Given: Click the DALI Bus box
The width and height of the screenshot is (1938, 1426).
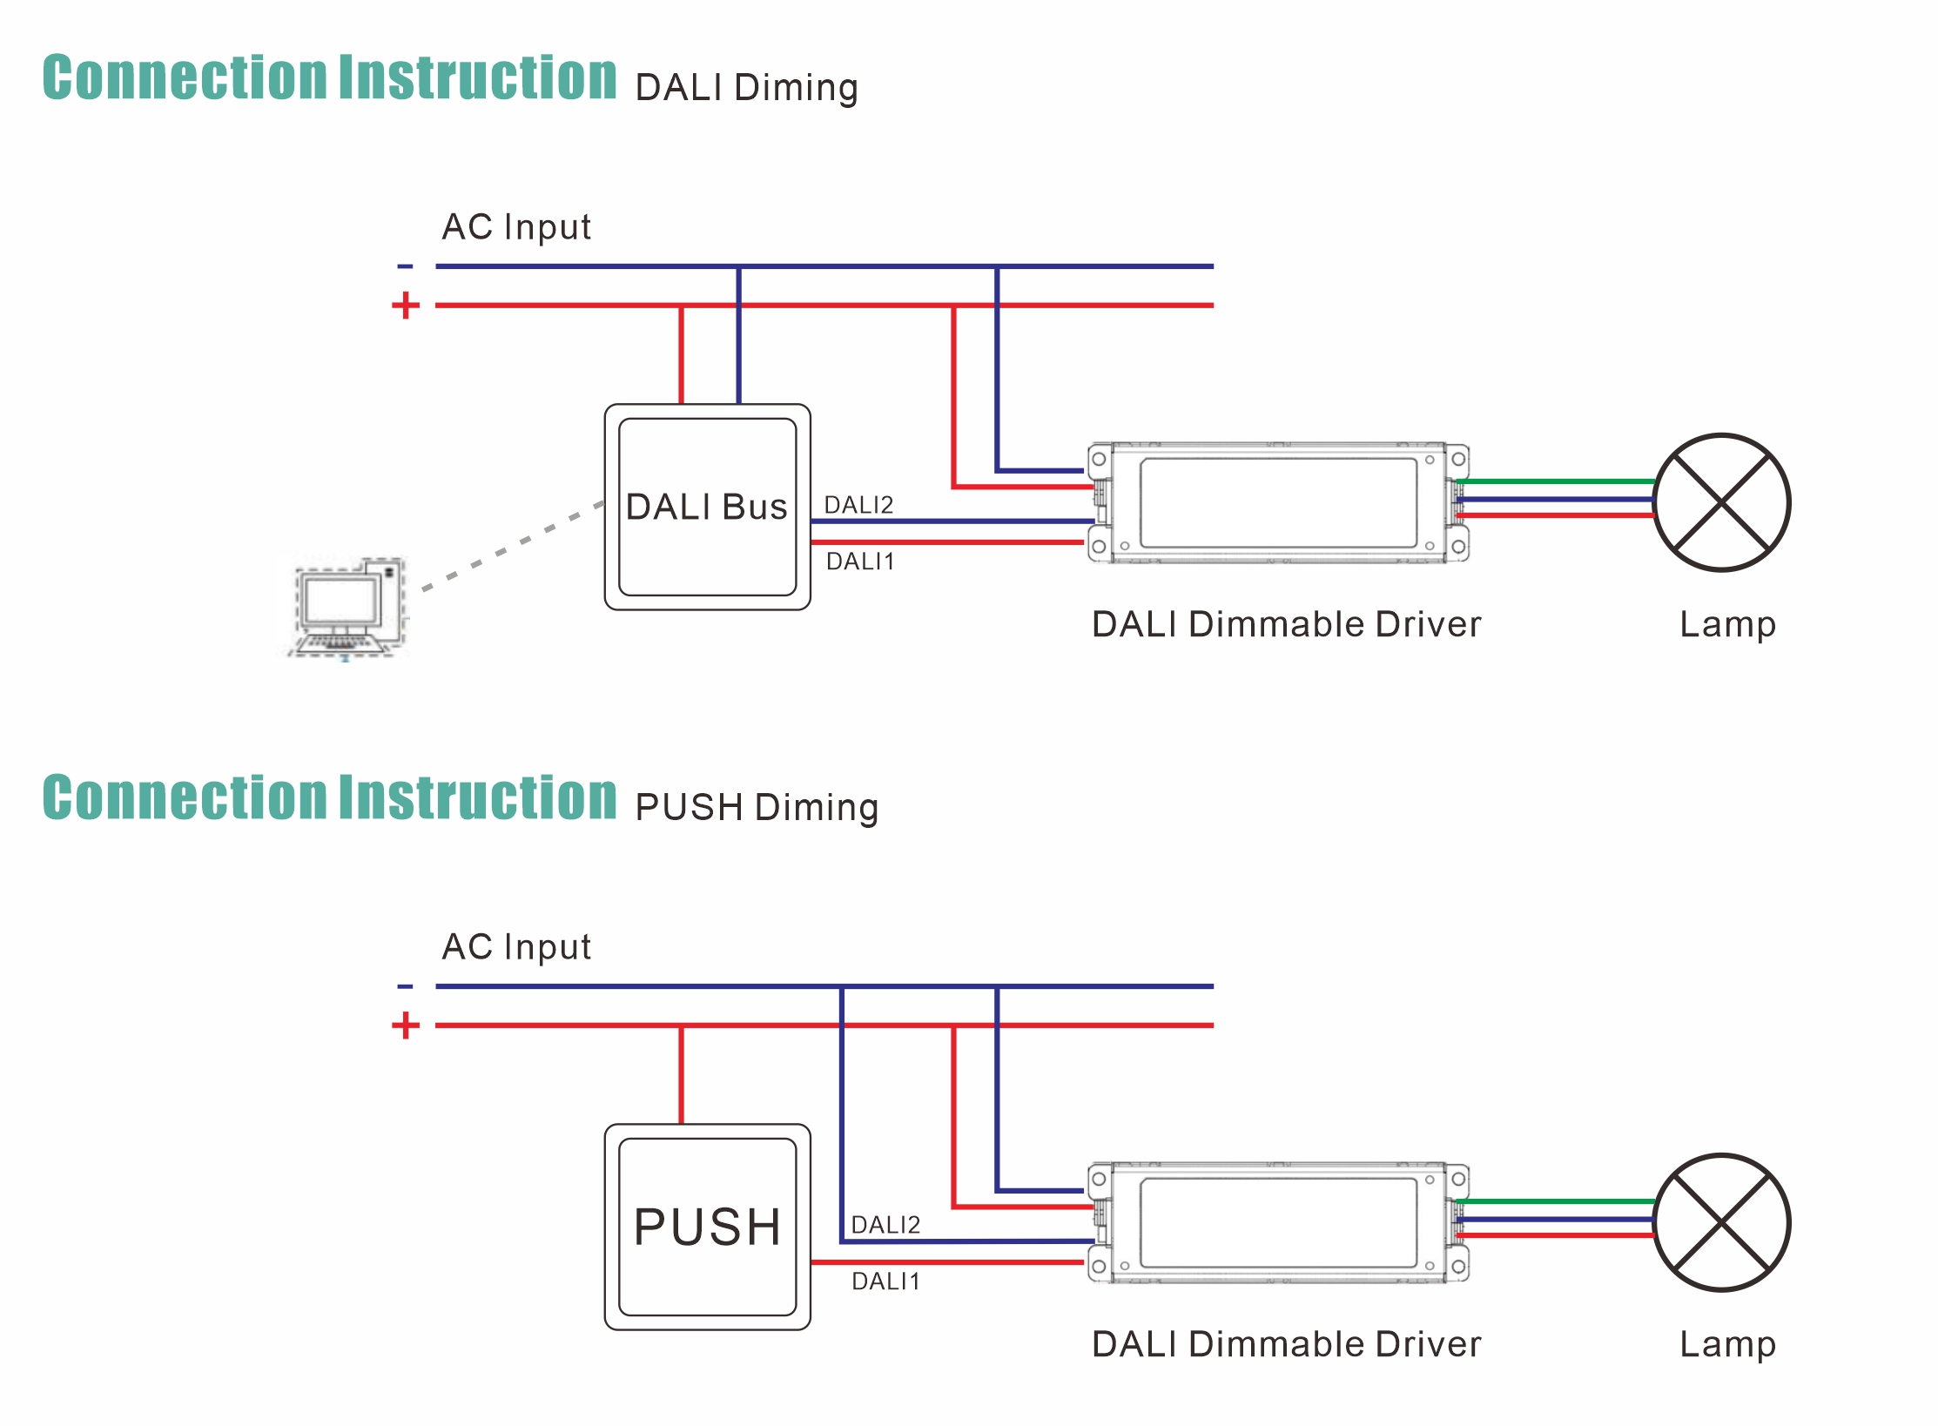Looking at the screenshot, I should pyautogui.click(x=707, y=507).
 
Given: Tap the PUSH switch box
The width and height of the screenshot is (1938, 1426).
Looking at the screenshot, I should pyautogui.click(x=707, y=1227).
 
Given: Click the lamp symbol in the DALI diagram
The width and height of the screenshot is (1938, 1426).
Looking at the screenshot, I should pyautogui.click(x=1721, y=502).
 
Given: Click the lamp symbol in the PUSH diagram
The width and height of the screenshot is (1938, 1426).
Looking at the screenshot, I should pyautogui.click(x=1721, y=1222).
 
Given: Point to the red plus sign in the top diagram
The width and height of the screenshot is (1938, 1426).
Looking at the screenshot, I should pyautogui.click(x=405, y=306).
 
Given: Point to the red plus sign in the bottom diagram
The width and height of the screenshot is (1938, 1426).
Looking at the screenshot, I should pyautogui.click(x=405, y=1026).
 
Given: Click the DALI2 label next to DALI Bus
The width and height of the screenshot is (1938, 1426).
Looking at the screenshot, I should pyautogui.click(x=858, y=505).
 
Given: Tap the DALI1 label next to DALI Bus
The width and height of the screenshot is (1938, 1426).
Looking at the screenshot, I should pyautogui.click(x=860, y=562).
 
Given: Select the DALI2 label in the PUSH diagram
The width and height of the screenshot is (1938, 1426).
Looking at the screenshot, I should pyautogui.click(x=885, y=1225).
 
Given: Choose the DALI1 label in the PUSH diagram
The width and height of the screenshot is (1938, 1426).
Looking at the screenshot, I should pyautogui.click(x=885, y=1281).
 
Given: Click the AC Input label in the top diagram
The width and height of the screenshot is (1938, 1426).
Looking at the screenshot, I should pyautogui.click(x=516, y=227).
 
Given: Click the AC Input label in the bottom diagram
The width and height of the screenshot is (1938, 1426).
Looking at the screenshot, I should pyautogui.click(x=516, y=947).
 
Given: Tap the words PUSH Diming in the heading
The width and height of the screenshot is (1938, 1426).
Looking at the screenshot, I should pyautogui.click(x=756, y=808).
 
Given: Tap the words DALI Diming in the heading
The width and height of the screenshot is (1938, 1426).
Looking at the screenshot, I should pyautogui.click(x=746, y=88).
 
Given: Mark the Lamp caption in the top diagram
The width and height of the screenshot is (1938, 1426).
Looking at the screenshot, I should pyautogui.click(x=1727, y=624).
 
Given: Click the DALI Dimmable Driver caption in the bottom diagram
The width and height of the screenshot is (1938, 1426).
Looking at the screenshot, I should pyautogui.click(x=1286, y=1344).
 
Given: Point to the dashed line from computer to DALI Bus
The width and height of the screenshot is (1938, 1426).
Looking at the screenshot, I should pyautogui.click(x=514, y=546).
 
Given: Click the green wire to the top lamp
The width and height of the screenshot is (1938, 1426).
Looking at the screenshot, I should pyautogui.click(x=1554, y=481).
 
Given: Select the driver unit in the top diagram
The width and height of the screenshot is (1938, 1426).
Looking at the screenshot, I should pyautogui.click(x=1278, y=502).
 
